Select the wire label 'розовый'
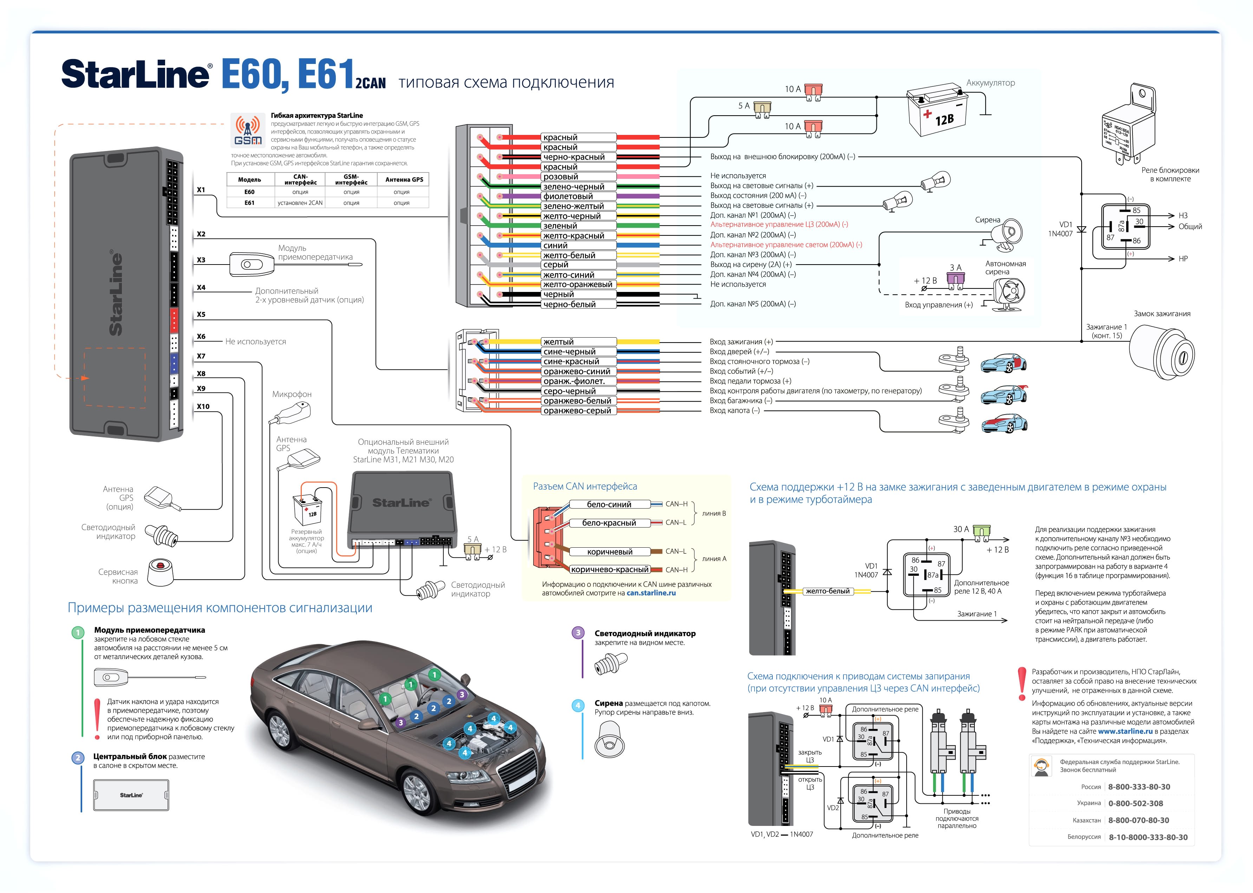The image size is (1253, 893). point(561,176)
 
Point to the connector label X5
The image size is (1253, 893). point(201,314)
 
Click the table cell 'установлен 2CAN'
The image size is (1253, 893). point(300,203)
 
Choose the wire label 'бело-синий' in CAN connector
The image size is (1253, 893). point(609,504)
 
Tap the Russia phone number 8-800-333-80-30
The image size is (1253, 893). point(1138,787)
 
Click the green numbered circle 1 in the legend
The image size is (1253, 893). point(78,632)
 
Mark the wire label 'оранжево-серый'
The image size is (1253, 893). point(577,411)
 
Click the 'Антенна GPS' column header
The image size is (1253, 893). point(404,180)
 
